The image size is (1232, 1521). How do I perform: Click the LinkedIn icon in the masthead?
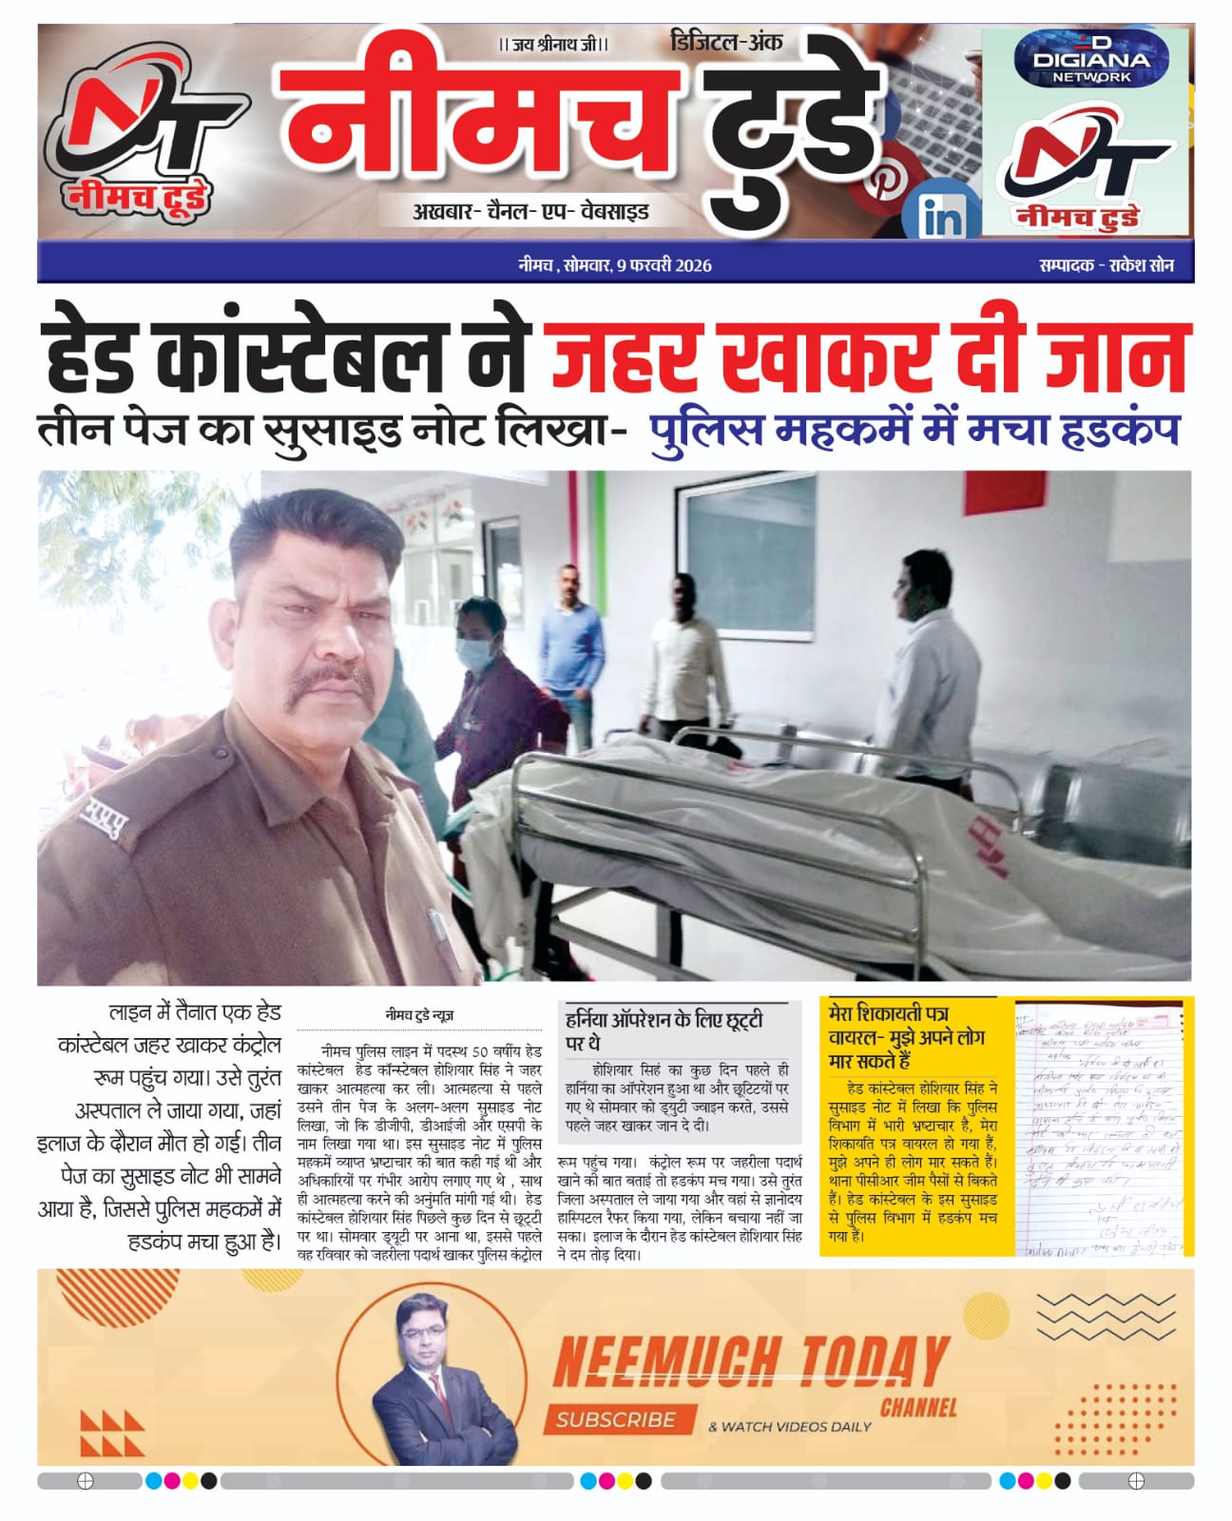940,218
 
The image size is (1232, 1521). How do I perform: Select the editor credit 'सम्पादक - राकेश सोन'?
1107,266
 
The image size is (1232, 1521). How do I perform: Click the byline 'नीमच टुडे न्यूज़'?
419,1015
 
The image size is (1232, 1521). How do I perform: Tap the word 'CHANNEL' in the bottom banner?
917,1407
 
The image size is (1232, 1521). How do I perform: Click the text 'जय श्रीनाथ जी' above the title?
553,45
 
